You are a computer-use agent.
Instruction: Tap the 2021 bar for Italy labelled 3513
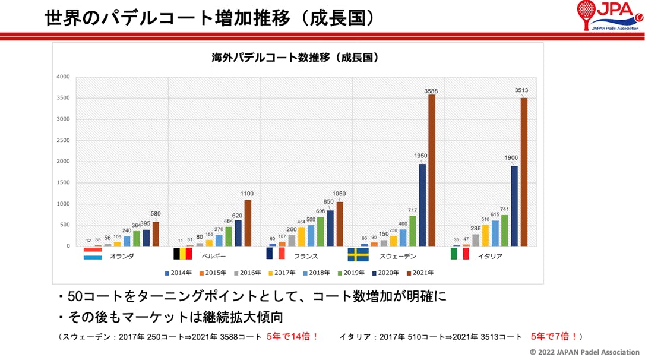pos(524,172)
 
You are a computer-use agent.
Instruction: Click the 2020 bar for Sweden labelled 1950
pos(422,205)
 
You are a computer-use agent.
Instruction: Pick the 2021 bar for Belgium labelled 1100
pos(248,223)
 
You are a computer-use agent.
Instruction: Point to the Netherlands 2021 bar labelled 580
pos(156,234)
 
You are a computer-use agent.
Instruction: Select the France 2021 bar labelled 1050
pos(340,224)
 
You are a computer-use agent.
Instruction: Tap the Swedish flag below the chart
pos(358,254)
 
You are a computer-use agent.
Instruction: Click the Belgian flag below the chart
pos(182,254)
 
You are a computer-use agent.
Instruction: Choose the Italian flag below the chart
pos(460,254)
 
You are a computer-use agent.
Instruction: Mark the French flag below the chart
pos(276,254)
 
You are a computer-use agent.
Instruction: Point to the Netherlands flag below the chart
pos(92,254)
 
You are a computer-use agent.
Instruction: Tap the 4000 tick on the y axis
pos(63,77)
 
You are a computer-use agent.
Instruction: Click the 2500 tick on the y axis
pos(63,140)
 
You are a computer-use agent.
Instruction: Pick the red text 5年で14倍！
pos(292,337)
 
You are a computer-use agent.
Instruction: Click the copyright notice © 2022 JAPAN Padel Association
pos(585,352)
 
